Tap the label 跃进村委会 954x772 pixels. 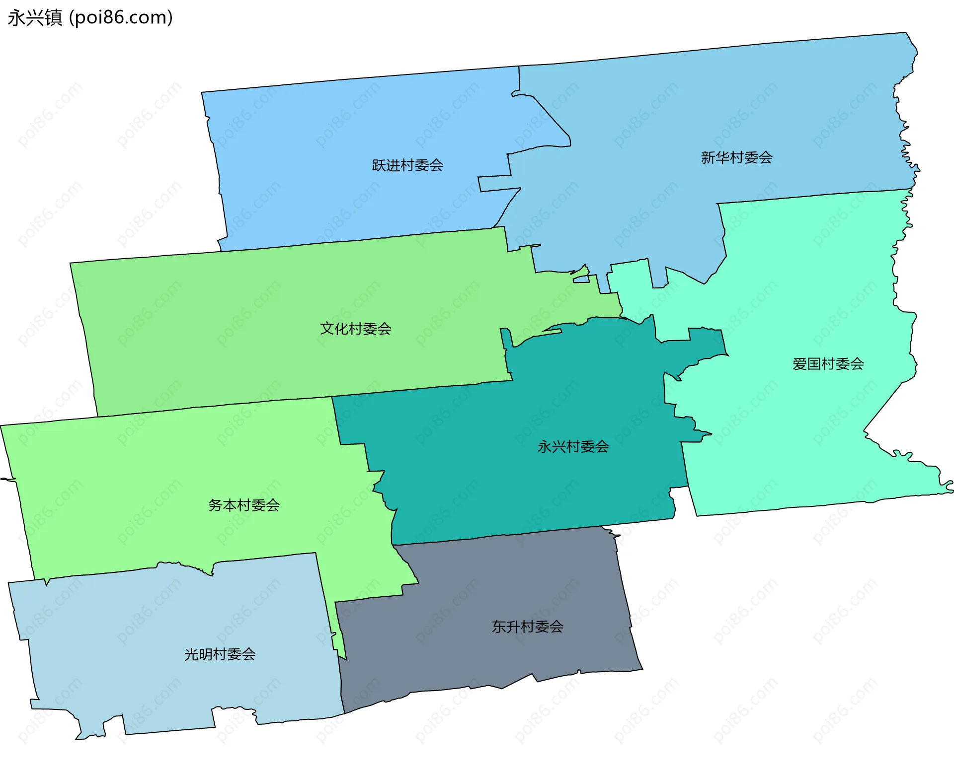(407, 165)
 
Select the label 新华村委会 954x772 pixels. (736, 158)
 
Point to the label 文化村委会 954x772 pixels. (355, 329)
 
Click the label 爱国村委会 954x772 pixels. (828, 364)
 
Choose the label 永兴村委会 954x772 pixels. (573, 447)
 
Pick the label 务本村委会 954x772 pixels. (244, 505)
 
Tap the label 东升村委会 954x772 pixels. (527, 627)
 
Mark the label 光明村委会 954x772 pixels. (220, 654)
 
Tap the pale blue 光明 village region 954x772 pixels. (149, 685)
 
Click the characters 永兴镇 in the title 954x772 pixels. (35, 18)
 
